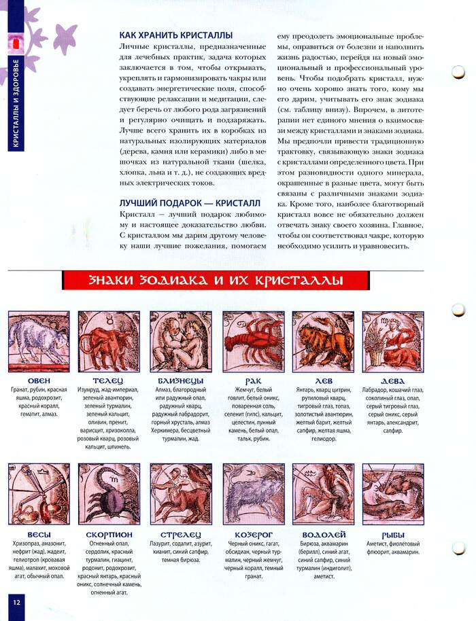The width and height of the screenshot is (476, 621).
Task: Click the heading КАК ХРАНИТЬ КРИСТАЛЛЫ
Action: click(176, 35)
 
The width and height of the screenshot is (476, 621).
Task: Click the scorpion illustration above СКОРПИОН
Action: click(109, 494)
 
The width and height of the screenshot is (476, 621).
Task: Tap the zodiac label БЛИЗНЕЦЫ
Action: click(181, 380)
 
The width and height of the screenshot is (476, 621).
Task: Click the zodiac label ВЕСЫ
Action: click(39, 534)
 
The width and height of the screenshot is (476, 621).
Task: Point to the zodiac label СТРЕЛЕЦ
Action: click(181, 534)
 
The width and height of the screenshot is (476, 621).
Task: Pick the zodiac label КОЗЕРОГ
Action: click(253, 534)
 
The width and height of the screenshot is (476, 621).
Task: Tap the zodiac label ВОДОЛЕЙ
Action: click(323, 534)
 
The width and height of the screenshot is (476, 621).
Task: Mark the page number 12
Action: click(15, 601)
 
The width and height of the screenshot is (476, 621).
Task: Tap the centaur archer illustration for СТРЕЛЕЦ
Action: click(181, 494)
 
